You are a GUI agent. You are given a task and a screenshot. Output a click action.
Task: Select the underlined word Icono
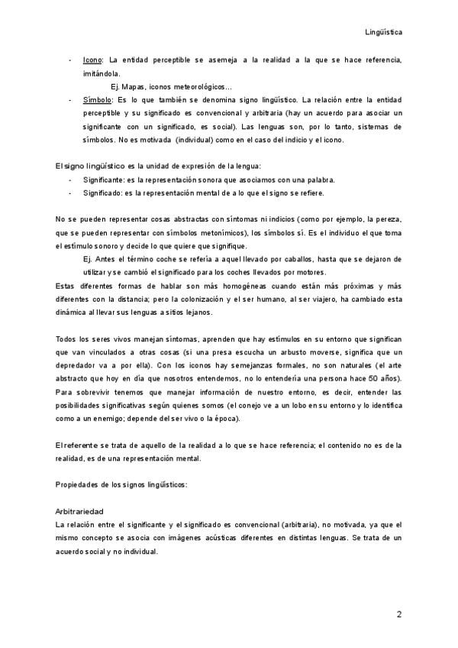[92, 60]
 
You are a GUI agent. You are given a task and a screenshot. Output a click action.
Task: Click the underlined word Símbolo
[97, 100]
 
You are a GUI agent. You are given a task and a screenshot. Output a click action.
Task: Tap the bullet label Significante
[104, 180]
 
